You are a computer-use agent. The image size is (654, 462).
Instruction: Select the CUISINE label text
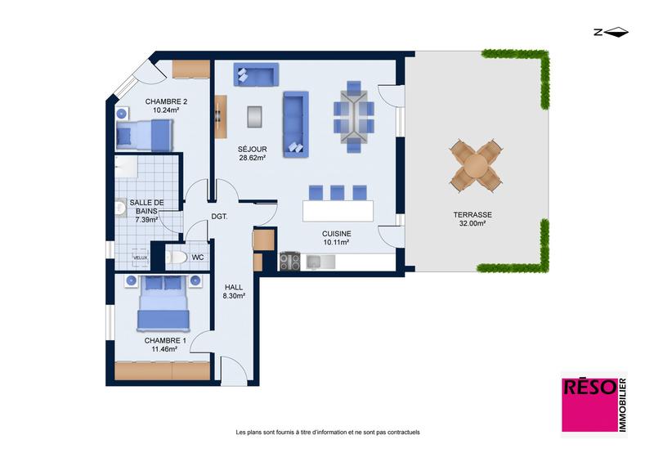(x=337, y=233)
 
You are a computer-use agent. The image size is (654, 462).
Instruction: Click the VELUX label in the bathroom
(x=141, y=258)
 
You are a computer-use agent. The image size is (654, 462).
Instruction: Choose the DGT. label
(x=218, y=217)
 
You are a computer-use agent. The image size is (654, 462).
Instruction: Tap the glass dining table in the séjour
(x=353, y=117)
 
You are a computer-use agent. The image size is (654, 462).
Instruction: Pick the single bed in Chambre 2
(x=145, y=134)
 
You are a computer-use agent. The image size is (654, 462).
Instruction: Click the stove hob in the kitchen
(x=289, y=262)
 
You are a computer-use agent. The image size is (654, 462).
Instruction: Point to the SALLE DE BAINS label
(x=148, y=206)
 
